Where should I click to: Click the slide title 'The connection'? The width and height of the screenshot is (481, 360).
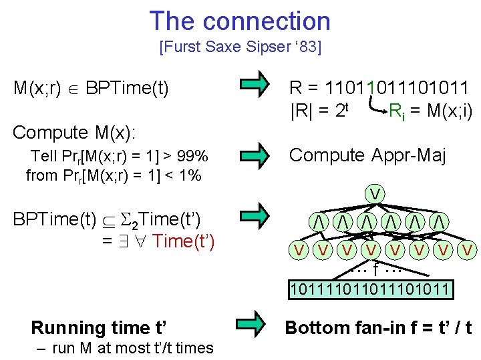(x=240, y=21)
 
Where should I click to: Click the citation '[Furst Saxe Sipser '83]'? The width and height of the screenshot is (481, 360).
(x=240, y=47)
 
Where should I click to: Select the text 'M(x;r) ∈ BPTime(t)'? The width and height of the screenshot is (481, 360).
(x=91, y=87)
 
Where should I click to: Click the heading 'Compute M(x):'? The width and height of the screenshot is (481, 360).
(x=74, y=133)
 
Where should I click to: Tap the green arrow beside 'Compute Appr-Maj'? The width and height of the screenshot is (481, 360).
(x=253, y=156)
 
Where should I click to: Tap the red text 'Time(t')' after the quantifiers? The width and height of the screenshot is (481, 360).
(x=184, y=241)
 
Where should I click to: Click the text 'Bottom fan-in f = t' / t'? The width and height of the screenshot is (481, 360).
(x=378, y=327)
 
